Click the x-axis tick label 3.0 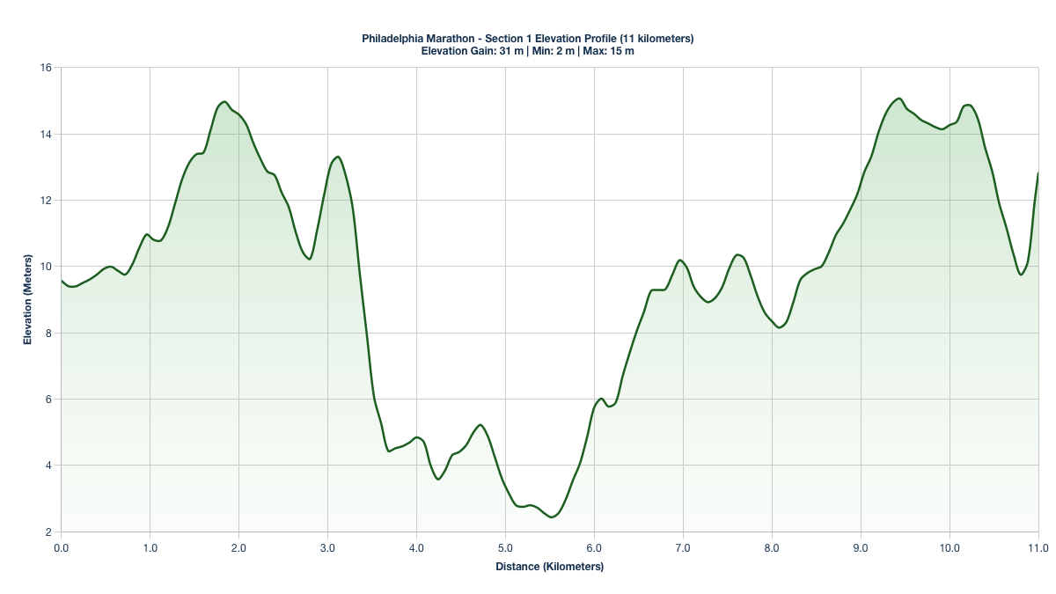[x=327, y=548]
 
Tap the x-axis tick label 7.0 [x=683, y=548]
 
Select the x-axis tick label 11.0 [x=1038, y=548]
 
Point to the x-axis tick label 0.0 [x=61, y=548]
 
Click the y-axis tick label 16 [x=46, y=68]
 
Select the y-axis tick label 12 [x=46, y=201]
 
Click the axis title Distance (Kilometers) [x=549, y=567]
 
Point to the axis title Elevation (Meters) [x=27, y=300]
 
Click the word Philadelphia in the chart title [x=393, y=39]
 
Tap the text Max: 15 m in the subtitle [x=607, y=51]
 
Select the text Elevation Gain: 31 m [x=473, y=51]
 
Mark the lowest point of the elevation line [x=551, y=517]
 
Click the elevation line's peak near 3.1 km [x=337, y=157]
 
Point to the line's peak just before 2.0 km [x=224, y=101]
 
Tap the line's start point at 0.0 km [x=61, y=280]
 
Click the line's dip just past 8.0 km [x=780, y=327]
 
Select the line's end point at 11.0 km [x=1038, y=173]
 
